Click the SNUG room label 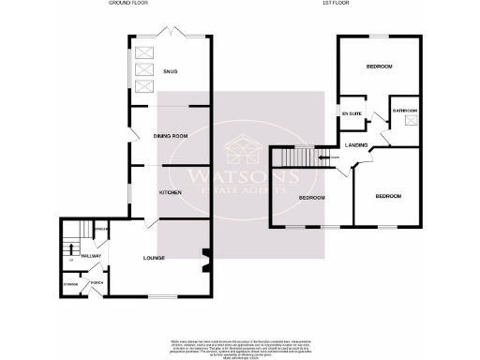click(x=170, y=71)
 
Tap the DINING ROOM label click(x=172, y=137)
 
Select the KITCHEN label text click(x=170, y=191)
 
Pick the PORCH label click(x=96, y=283)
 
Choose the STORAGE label click(x=70, y=283)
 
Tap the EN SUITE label click(x=352, y=112)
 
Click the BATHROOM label click(x=405, y=111)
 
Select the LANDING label click(x=355, y=145)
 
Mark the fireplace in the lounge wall click(x=205, y=253)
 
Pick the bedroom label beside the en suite click(x=379, y=67)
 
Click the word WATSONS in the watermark click(x=239, y=175)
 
